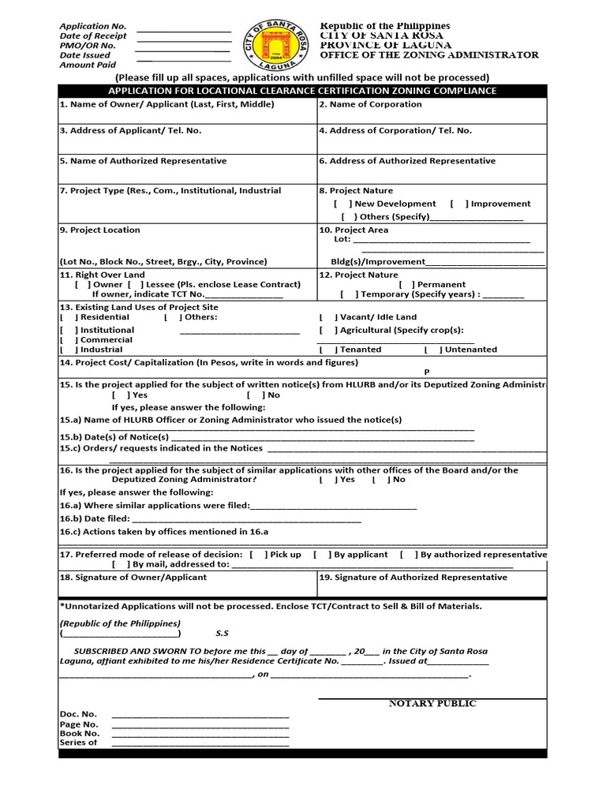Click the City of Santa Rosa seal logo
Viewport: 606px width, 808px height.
275,46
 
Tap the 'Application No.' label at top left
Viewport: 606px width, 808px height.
93,27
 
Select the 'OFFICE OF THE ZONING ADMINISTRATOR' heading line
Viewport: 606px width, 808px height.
429,55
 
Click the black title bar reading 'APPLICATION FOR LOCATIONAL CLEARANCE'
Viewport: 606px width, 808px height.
302,91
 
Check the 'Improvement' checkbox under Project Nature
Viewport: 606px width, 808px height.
458,204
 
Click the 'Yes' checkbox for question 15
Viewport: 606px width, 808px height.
121,395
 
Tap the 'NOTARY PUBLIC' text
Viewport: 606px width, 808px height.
432,704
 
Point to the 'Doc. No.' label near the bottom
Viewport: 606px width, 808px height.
78,714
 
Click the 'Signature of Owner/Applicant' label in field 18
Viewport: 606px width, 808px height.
133,577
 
